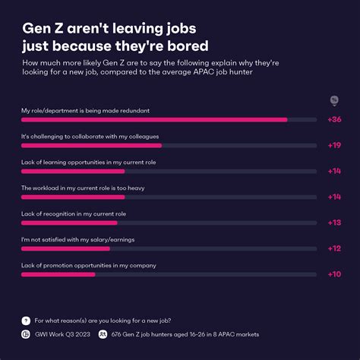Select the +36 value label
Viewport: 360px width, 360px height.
click(x=333, y=119)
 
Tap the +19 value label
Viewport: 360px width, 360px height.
click(x=333, y=145)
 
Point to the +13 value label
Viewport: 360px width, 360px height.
click(x=333, y=223)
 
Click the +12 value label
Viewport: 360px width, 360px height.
click(x=333, y=248)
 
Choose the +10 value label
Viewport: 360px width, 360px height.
click(x=333, y=274)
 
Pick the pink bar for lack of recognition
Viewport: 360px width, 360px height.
click(x=69, y=223)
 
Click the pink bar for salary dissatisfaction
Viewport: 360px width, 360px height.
click(x=65, y=248)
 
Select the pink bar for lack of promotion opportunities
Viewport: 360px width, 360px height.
click(x=58, y=274)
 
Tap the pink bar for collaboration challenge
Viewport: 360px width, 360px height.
click(x=91, y=145)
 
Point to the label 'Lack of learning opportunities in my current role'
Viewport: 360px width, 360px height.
click(x=88, y=162)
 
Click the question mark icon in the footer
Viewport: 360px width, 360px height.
click(x=26, y=321)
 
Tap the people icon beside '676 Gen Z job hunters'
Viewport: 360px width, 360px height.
click(x=103, y=333)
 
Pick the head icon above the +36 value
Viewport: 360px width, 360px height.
click(x=333, y=100)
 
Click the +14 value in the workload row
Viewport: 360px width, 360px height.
click(x=333, y=197)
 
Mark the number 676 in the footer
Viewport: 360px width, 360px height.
click(x=117, y=333)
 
